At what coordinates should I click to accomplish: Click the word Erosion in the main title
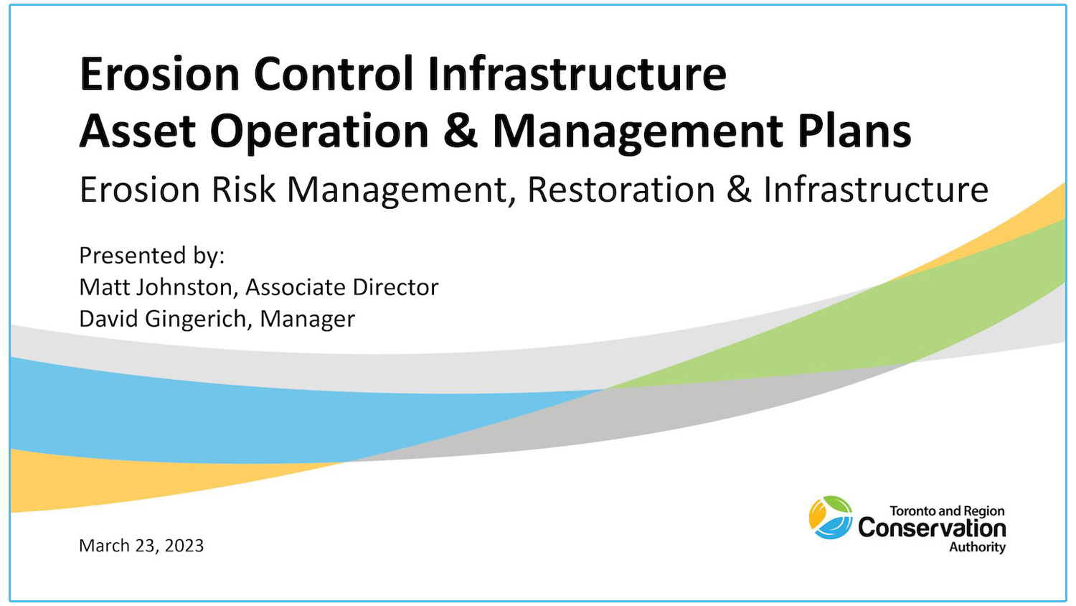[159, 74]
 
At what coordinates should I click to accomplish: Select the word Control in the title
[334, 74]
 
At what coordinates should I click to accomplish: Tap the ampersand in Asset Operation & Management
[460, 131]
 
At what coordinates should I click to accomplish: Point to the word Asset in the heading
[137, 131]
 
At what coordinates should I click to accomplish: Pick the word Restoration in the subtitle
[620, 190]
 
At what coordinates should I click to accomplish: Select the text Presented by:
[152, 256]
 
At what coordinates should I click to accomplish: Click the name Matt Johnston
[156, 287]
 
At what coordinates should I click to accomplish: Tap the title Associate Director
[341, 287]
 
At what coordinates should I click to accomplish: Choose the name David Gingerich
[163, 319]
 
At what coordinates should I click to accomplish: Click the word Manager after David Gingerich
[307, 319]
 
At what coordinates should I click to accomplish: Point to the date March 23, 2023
[141, 546]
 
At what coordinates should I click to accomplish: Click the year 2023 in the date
[184, 546]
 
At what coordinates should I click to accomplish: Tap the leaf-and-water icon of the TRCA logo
[831, 517]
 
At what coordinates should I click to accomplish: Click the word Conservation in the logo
[932, 528]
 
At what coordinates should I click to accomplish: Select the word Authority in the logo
[977, 547]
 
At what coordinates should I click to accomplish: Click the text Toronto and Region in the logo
[947, 511]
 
